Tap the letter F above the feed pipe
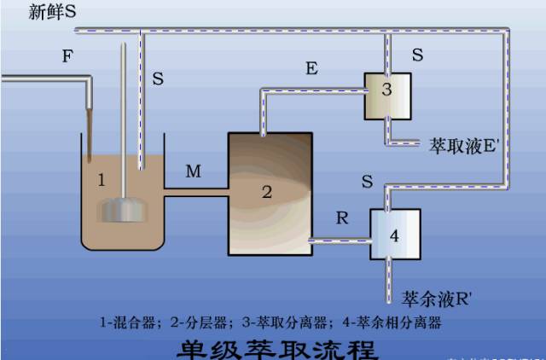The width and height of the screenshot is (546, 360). (x=67, y=56)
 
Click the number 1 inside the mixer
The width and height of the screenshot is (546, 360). (x=101, y=180)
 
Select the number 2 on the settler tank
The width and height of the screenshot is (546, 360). (x=266, y=192)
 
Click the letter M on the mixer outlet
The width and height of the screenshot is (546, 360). (x=194, y=172)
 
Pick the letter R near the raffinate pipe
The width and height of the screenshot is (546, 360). (x=341, y=218)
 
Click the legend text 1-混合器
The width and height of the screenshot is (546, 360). (x=133, y=323)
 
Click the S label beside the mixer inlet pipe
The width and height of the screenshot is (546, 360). (x=158, y=78)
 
